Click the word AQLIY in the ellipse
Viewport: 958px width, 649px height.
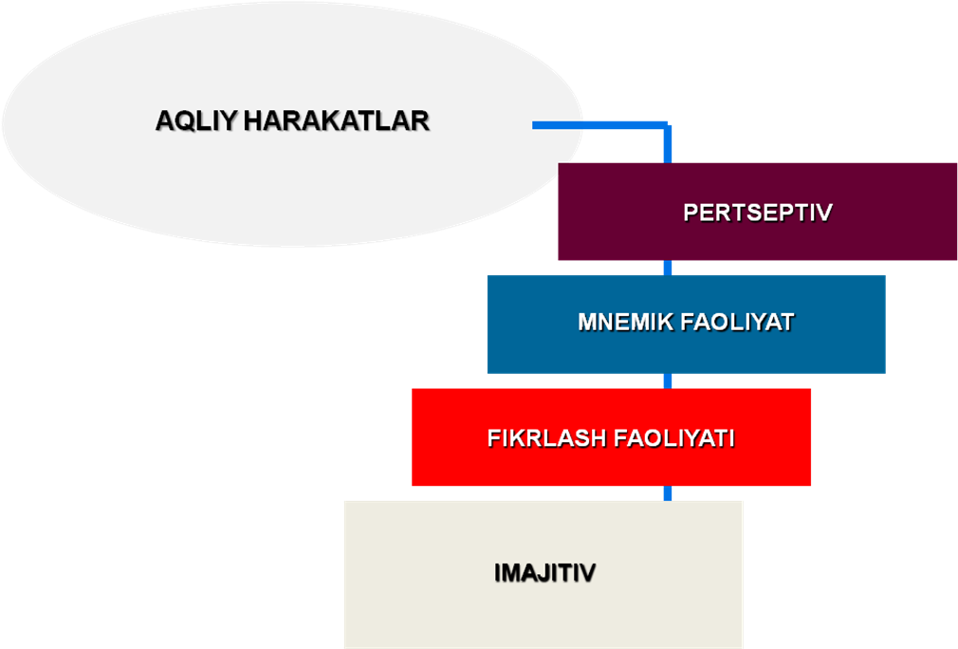196,121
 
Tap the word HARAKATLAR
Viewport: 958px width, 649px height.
337,121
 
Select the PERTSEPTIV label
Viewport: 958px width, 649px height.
758,213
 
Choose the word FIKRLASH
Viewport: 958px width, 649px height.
546,438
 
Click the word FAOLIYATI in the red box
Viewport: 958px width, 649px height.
673,438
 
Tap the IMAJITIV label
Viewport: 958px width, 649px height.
545,573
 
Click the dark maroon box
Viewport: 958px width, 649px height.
758,212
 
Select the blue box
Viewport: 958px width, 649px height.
686,324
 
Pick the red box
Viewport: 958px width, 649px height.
611,437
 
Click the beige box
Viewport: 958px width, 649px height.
543,574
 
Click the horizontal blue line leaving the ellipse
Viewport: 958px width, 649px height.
599,125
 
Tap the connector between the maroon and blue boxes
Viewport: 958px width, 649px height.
668,268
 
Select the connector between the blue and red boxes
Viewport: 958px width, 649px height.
668,380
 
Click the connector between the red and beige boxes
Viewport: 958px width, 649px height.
668,493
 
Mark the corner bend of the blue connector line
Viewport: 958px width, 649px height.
668,125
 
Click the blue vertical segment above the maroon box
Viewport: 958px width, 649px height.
668,145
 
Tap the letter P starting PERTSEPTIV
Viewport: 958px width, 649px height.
691,213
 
